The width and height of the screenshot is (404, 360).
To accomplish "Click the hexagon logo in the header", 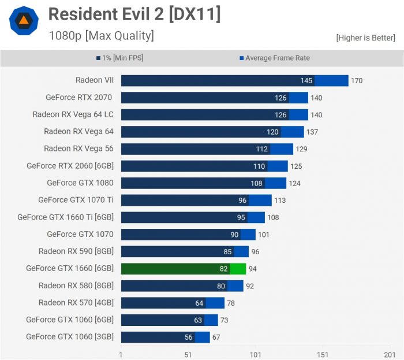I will click(x=24, y=21).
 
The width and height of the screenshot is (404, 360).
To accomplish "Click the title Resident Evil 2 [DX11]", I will click(x=134, y=14).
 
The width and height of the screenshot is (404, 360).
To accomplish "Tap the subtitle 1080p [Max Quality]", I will click(x=101, y=36).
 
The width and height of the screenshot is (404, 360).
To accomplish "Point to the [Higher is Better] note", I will click(x=365, y=38).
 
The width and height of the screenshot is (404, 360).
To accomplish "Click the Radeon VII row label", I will click(x=94, y=80).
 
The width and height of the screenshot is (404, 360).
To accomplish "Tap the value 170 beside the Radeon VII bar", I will click(x=357, y=80).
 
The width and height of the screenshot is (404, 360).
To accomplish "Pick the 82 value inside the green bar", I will click(x=223, y=269).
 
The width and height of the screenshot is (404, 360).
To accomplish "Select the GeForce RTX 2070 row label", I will click(x=80, y=97).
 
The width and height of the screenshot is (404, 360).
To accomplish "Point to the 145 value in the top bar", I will click(x=306, y=80).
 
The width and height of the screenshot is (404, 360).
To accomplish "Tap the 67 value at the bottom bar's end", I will click(x=216, y=337).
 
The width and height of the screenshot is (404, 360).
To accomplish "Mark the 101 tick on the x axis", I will click(x=255, y=354).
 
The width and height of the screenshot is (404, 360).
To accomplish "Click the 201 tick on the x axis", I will click(x=390, y=354).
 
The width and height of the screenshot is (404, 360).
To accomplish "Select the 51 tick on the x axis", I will click(x=188, y=354).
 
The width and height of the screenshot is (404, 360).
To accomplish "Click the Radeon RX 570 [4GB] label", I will click(x=76, y=302).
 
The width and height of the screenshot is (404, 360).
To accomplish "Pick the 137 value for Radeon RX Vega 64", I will click(x=312, y=132).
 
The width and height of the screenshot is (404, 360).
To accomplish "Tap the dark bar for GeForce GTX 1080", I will click(x=193, y=183).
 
